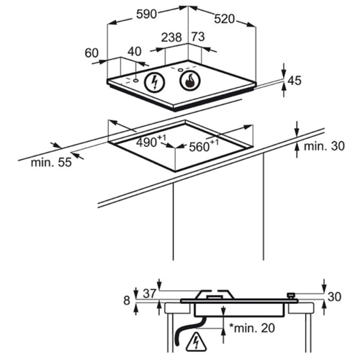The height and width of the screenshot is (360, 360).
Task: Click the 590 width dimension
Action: pos(146,14)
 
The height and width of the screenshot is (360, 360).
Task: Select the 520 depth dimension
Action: pos(225,19)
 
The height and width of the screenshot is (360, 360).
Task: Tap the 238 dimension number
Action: pos(171,37)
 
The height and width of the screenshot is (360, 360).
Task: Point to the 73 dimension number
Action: pos(198,37)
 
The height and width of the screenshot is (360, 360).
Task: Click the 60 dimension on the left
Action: pos(91,53)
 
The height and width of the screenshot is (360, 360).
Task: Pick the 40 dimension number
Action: pos(135,51)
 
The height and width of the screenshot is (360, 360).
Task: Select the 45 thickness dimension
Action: pos(294,81)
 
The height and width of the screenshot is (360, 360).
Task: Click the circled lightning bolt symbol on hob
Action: pos(155,82)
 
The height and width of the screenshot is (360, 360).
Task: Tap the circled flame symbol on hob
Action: pos(189,81)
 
